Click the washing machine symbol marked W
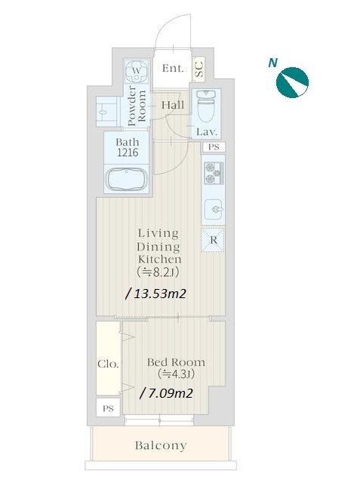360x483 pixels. [137, 71]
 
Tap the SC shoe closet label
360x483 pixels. [199, 69]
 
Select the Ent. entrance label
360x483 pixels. [173, 68]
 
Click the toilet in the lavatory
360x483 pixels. [206, 106]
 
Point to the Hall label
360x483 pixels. [173, 105]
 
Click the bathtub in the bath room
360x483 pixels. [127, 180]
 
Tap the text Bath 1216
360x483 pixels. [128, 147]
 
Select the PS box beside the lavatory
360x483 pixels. [214, 147]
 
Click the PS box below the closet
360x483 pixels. [108, 408]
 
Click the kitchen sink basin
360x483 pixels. [214, 209]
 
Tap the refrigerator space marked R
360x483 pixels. [213, 240]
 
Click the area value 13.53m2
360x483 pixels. [156, 294]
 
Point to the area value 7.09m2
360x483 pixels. [167, 393]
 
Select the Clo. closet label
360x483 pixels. [108, 364]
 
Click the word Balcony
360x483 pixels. [161, 445]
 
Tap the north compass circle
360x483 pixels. [292, 82]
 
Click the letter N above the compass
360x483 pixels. [272, 63]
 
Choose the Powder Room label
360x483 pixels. [137, 106]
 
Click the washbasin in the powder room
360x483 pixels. [106, 112]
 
